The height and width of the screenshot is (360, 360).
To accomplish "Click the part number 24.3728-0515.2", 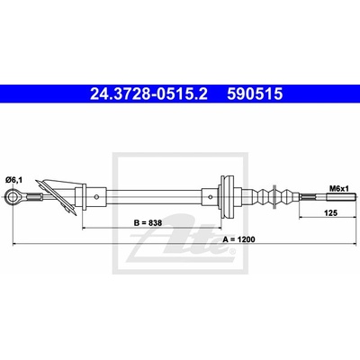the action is tap(148, 94).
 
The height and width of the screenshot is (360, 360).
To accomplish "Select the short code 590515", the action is tap(255, 94).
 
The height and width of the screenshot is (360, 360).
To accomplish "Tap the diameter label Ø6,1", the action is tap(13, 180).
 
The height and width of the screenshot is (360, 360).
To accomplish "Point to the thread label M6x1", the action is tap(339, 189).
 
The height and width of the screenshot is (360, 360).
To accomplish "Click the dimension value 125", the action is tap(331, 213).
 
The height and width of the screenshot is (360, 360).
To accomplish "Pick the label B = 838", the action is tap(148, 223).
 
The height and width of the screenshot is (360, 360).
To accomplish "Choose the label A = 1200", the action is tap(239, 239).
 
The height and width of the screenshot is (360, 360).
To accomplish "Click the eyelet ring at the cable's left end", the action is tap(13, 197).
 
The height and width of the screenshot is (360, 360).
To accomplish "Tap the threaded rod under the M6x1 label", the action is tap(341, 197).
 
